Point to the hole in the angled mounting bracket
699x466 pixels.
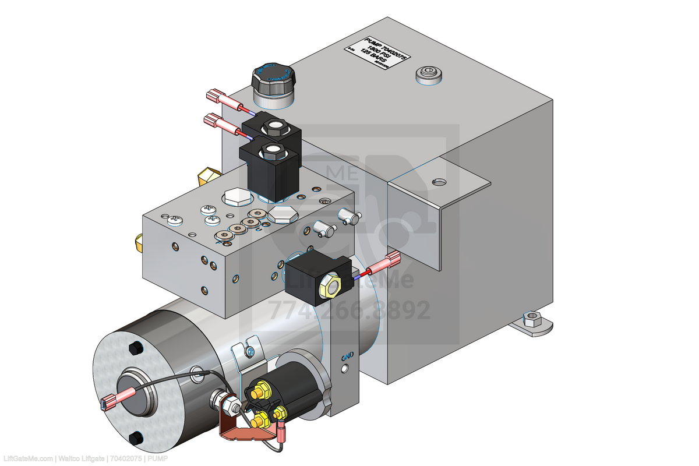tap(438, 182)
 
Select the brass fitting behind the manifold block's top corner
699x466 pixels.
tap(209, 175)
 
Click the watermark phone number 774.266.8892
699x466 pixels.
tap(349, 310)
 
